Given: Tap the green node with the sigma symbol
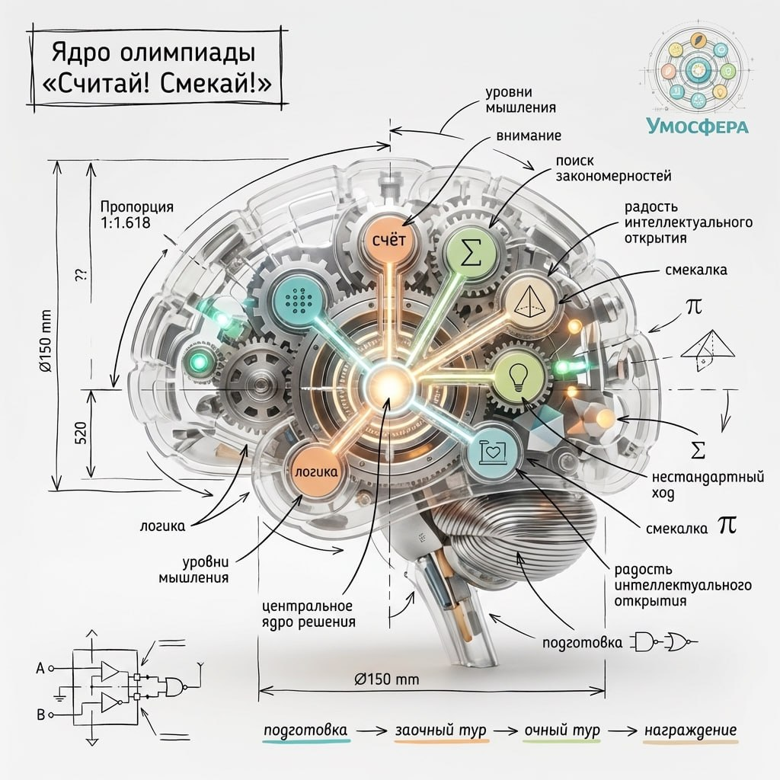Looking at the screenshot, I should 470,252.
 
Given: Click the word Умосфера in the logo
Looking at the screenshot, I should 697,126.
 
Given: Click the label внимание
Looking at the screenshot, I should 529,137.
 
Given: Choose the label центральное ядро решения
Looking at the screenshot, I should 307,614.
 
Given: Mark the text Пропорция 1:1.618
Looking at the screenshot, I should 136,215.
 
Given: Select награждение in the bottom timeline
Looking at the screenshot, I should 690,730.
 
